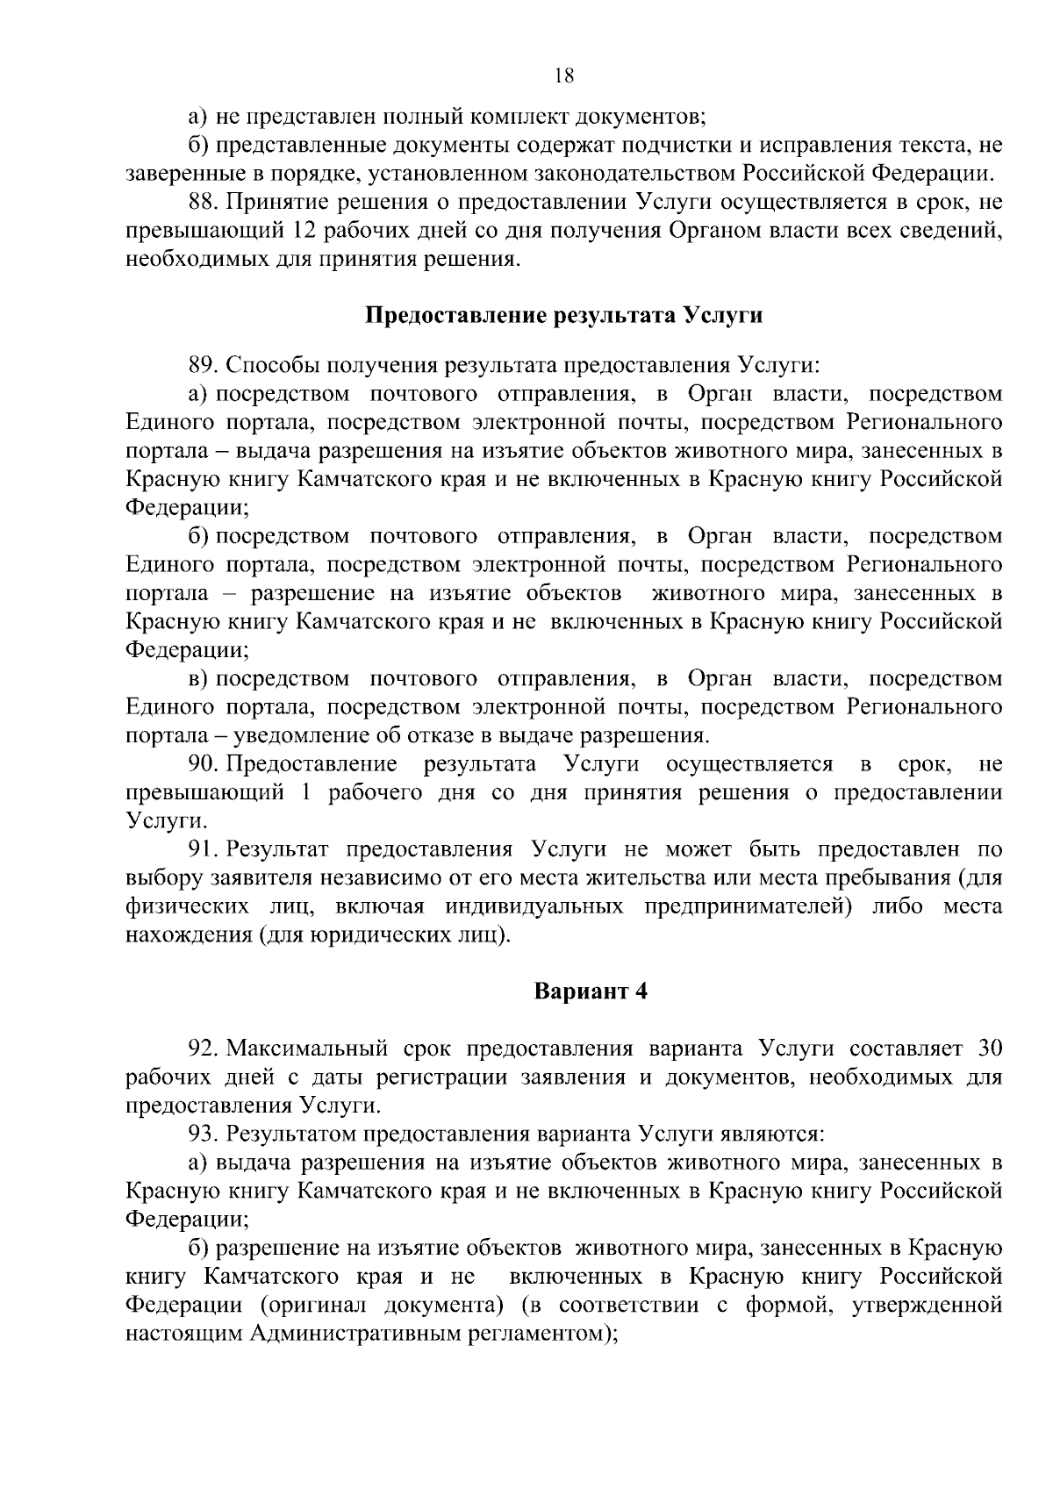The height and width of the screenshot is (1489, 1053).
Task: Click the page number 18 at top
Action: pyautogui.click(x=564, y=75)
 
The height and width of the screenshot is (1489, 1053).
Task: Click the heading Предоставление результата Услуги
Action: pyautogui.click(x=563, y=316)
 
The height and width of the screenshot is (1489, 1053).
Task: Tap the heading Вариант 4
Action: pyautogui.click(x=591, y=991)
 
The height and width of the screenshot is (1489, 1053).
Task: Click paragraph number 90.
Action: pyautogui.click(x=203, y=764)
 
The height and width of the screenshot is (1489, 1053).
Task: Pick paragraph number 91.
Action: pyautogui.click(x=203, y=849)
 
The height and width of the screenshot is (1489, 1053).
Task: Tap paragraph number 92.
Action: pyautogui.click(x=203, y=1049)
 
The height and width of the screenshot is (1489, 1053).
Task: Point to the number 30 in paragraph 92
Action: pyautogui.click(x=989, y=1049)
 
